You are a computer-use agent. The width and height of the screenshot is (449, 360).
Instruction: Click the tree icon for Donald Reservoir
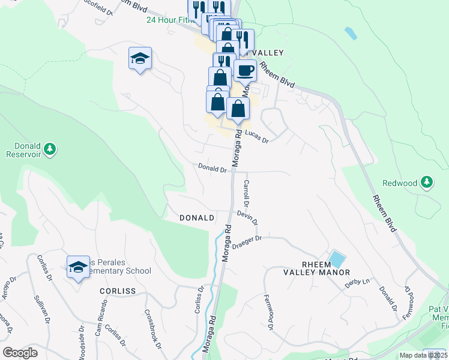coord(50,148)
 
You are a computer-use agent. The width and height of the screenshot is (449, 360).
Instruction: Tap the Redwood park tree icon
coord(427,182)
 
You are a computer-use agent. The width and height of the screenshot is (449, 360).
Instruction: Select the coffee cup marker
coord(245,71)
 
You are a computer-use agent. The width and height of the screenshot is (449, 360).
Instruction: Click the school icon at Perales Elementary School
coord(77,267)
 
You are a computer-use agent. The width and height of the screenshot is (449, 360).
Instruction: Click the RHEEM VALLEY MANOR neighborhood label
coord(317,268)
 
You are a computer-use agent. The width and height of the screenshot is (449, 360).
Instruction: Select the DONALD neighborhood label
coord(197,218)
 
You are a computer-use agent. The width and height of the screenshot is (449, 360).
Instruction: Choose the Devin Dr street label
coord(247,217)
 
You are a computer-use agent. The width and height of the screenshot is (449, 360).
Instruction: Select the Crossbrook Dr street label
coord(152,329)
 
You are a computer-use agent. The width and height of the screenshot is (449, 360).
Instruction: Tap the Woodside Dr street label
coord(82,340)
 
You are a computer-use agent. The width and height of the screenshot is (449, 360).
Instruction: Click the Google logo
coord(20,353)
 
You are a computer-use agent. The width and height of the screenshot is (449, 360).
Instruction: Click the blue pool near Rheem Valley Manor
coord(337,260)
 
